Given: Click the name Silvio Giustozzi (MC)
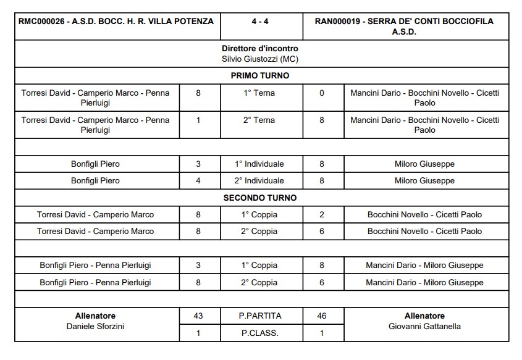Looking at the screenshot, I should (x=259, y=59).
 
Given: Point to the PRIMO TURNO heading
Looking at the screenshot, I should (x=259, y=76).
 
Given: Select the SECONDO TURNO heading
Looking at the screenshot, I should (x=259, y=198).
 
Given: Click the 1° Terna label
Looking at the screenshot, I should (x=259, y=93).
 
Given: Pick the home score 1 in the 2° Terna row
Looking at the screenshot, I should (x=198, y=120).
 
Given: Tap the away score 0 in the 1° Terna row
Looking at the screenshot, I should (x=321, y=93).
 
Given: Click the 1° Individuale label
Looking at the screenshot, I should (x=259, y=164).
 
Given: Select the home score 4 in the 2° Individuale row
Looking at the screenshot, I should (x=198, y=181).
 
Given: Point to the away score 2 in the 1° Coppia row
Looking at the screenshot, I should (x=321, y=215).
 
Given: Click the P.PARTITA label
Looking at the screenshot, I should (x=259, y=316).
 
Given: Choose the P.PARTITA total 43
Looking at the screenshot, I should (x=198, y=316).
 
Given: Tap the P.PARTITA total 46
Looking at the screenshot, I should (x=321, y=316).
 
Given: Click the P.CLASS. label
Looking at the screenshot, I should (x=259, y=333).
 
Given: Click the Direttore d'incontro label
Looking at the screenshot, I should (x=259, y=48).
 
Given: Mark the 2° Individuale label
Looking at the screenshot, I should (x=259, y=181).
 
